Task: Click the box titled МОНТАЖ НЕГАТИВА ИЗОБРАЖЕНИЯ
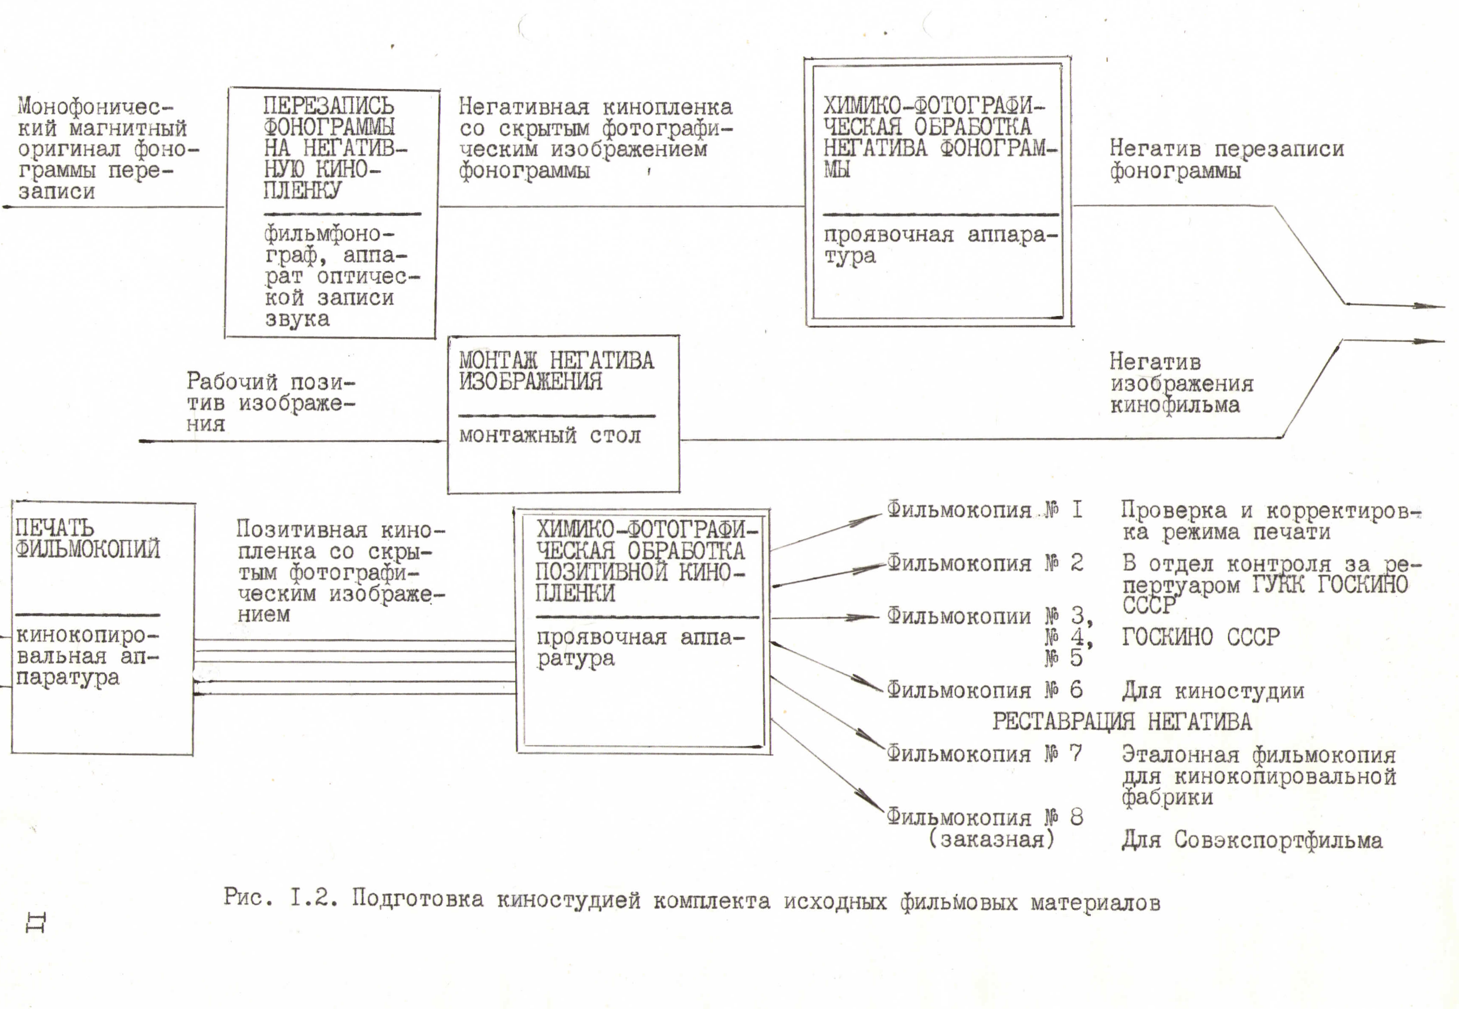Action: click(563, 414)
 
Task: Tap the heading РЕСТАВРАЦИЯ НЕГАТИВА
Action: click(1121, 721)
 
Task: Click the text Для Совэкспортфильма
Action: click(1252, 840)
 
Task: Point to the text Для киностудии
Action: click(1213, 691)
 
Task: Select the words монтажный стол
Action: click(549, 436)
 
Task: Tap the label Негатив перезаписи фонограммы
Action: click(1227, 159)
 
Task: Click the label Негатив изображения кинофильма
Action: click(1181, 383)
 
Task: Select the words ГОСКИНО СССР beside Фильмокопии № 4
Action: click(1200, 636)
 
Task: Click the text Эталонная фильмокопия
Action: click(1258, 755)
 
